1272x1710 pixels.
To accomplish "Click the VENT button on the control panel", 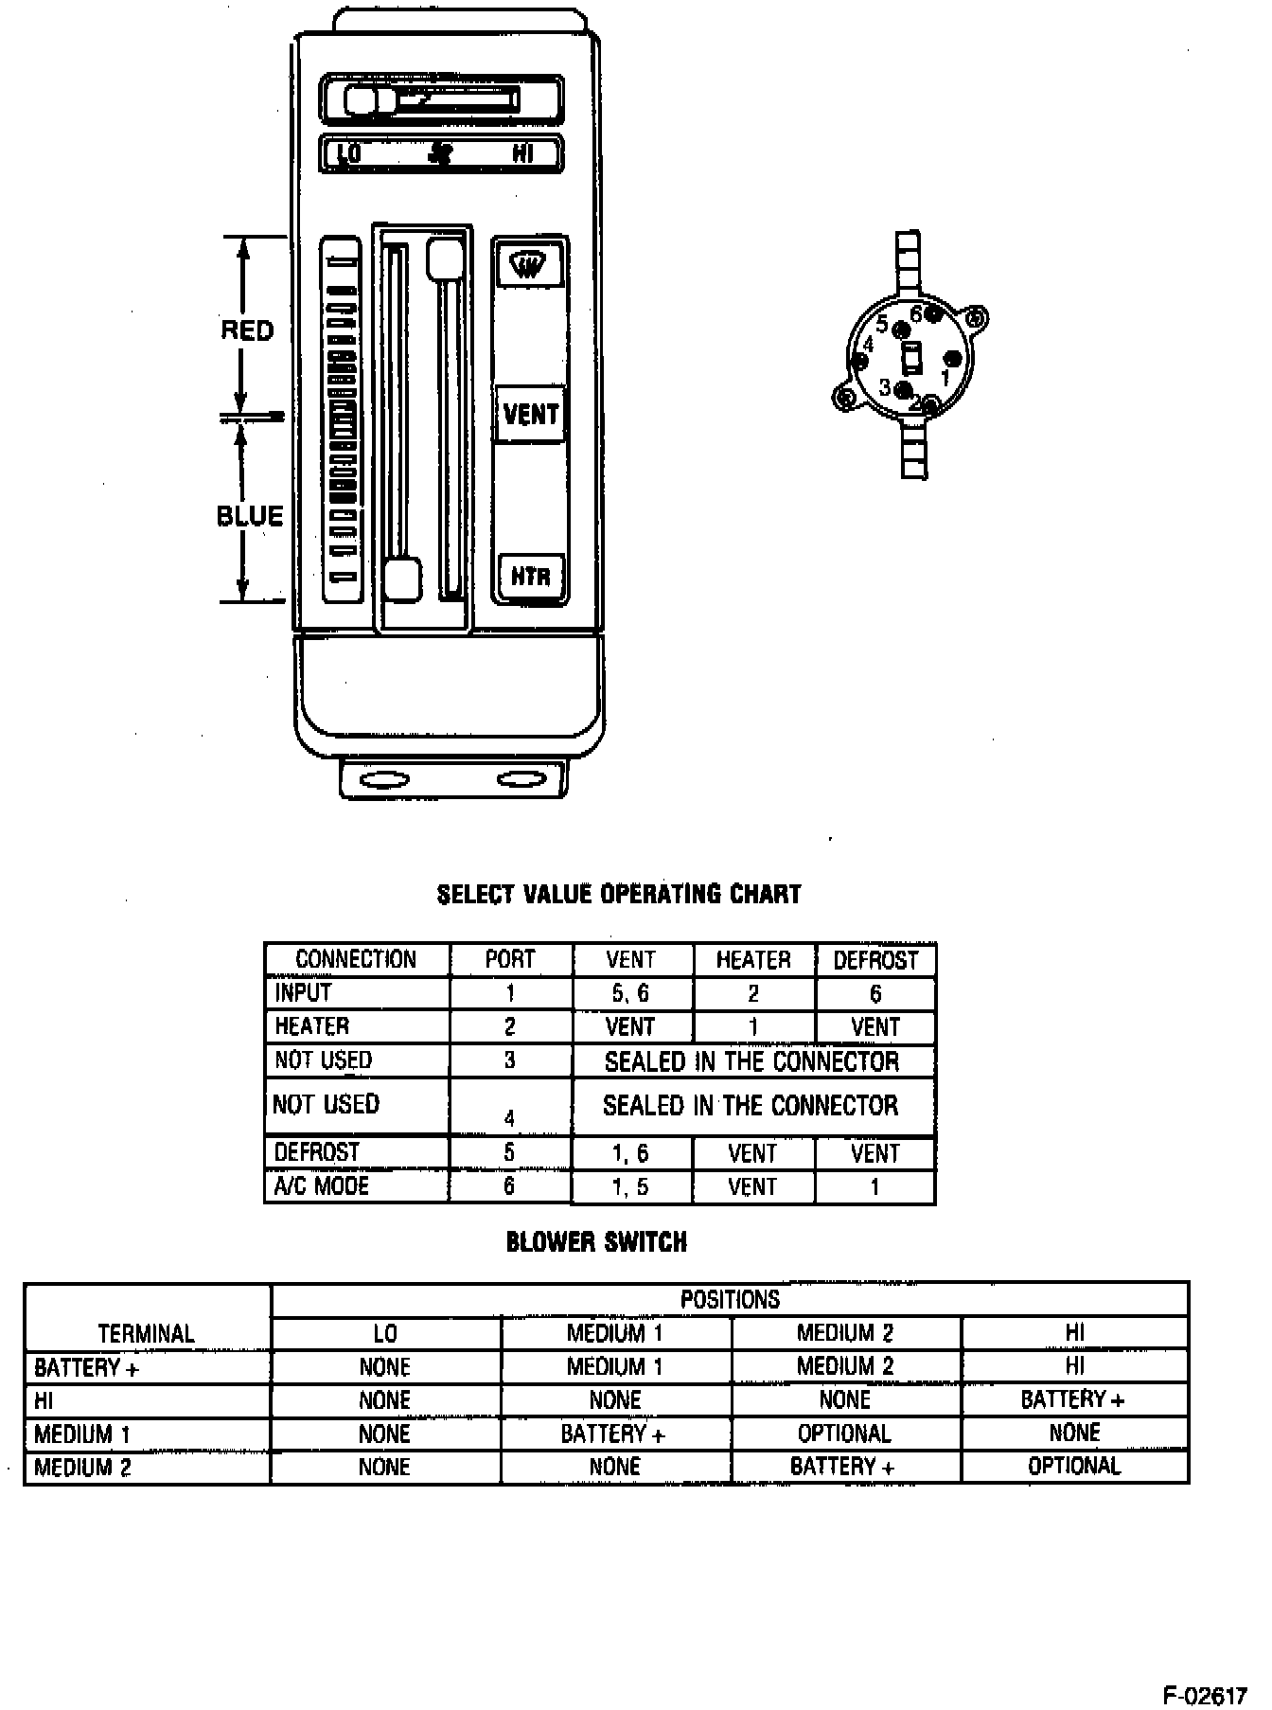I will pos(530,414).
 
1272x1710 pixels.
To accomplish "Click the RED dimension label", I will pos(247,330).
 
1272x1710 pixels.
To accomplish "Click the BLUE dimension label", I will pos(250,516).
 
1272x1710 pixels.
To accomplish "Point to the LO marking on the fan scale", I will pos(349,153).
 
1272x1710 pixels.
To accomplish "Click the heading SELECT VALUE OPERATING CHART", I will pos(619,894).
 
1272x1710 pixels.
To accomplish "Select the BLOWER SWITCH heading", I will pos(596,1241).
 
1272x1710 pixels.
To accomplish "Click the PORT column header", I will pos(510,959).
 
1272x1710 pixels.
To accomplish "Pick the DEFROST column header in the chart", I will pos(875,960).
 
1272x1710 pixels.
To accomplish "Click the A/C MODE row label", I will pos(321,1185).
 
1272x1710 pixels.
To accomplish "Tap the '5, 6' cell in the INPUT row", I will pos(631,993).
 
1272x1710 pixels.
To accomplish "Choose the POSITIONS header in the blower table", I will pos(730,1299).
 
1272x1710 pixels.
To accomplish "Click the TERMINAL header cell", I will pos(147,1333).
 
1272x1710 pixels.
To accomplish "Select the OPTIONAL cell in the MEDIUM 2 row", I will pos(1074,1467).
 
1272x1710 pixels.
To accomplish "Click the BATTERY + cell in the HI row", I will pos(1072,1399).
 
